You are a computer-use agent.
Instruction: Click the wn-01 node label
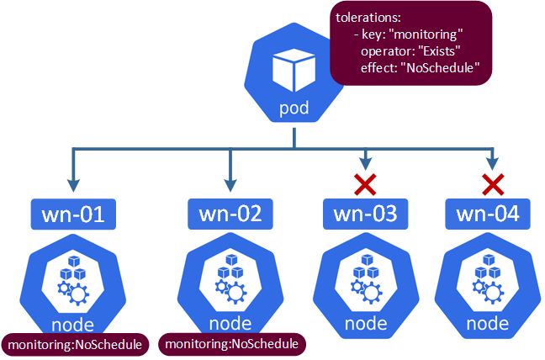click(73, 214)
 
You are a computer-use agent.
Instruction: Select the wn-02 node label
click(230, 214)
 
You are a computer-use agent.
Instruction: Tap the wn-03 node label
click(366, 214)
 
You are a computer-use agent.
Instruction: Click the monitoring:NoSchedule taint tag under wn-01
click(74, 344)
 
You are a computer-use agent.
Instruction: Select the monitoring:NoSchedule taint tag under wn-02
click(231, 344)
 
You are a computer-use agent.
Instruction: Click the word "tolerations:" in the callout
click(368, 18)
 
